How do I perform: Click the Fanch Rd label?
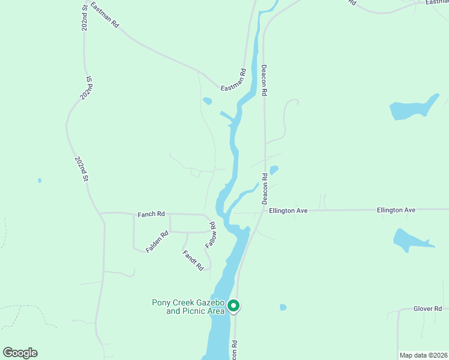tap(151, 214)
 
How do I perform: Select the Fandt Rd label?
tap(193, 260)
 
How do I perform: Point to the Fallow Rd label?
tap(210, 236)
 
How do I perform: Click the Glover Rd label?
tap(427, 308)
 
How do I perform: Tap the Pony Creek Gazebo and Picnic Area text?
tap(188, 307)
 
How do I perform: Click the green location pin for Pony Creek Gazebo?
tap(234, 306)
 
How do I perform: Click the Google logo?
tap(20, 353)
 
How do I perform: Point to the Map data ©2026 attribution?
tap(423, 355)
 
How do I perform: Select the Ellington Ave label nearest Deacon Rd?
tap(288, 211)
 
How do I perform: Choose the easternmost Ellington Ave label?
tap(396, 210)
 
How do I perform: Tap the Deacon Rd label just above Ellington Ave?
tap(264, 188)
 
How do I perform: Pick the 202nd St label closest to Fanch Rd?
tap(82, 169)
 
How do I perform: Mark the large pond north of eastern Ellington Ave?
tap(413, 109)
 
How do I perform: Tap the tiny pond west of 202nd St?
tap(40, 180)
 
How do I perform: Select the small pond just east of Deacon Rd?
tap(274, 170)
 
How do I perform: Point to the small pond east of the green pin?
tap(283, 307)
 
